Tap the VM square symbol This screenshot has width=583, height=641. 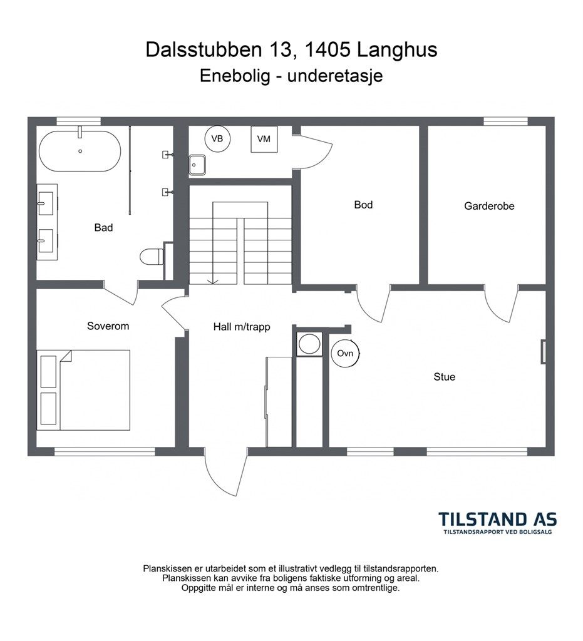click(264, 139)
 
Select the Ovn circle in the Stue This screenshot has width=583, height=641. click(345, 353)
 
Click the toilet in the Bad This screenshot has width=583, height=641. click(152, 257)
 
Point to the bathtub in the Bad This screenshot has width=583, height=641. click(80, 151)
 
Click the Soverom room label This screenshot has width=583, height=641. click(108, 326)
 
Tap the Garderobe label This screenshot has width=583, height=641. click(489, 206)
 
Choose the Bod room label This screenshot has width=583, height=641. click(363, 205)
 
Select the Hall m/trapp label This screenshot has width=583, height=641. click(242, 327)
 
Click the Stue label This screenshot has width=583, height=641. click(445, 377)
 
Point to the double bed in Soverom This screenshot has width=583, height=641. click(83, 390)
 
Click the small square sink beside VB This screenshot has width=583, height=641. click(197, 165)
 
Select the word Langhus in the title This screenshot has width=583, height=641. click(397, 50)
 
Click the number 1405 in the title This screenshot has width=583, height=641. click(328, 49)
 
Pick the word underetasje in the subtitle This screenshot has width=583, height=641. click(335, 76)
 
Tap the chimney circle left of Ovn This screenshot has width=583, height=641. click(309, 344)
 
